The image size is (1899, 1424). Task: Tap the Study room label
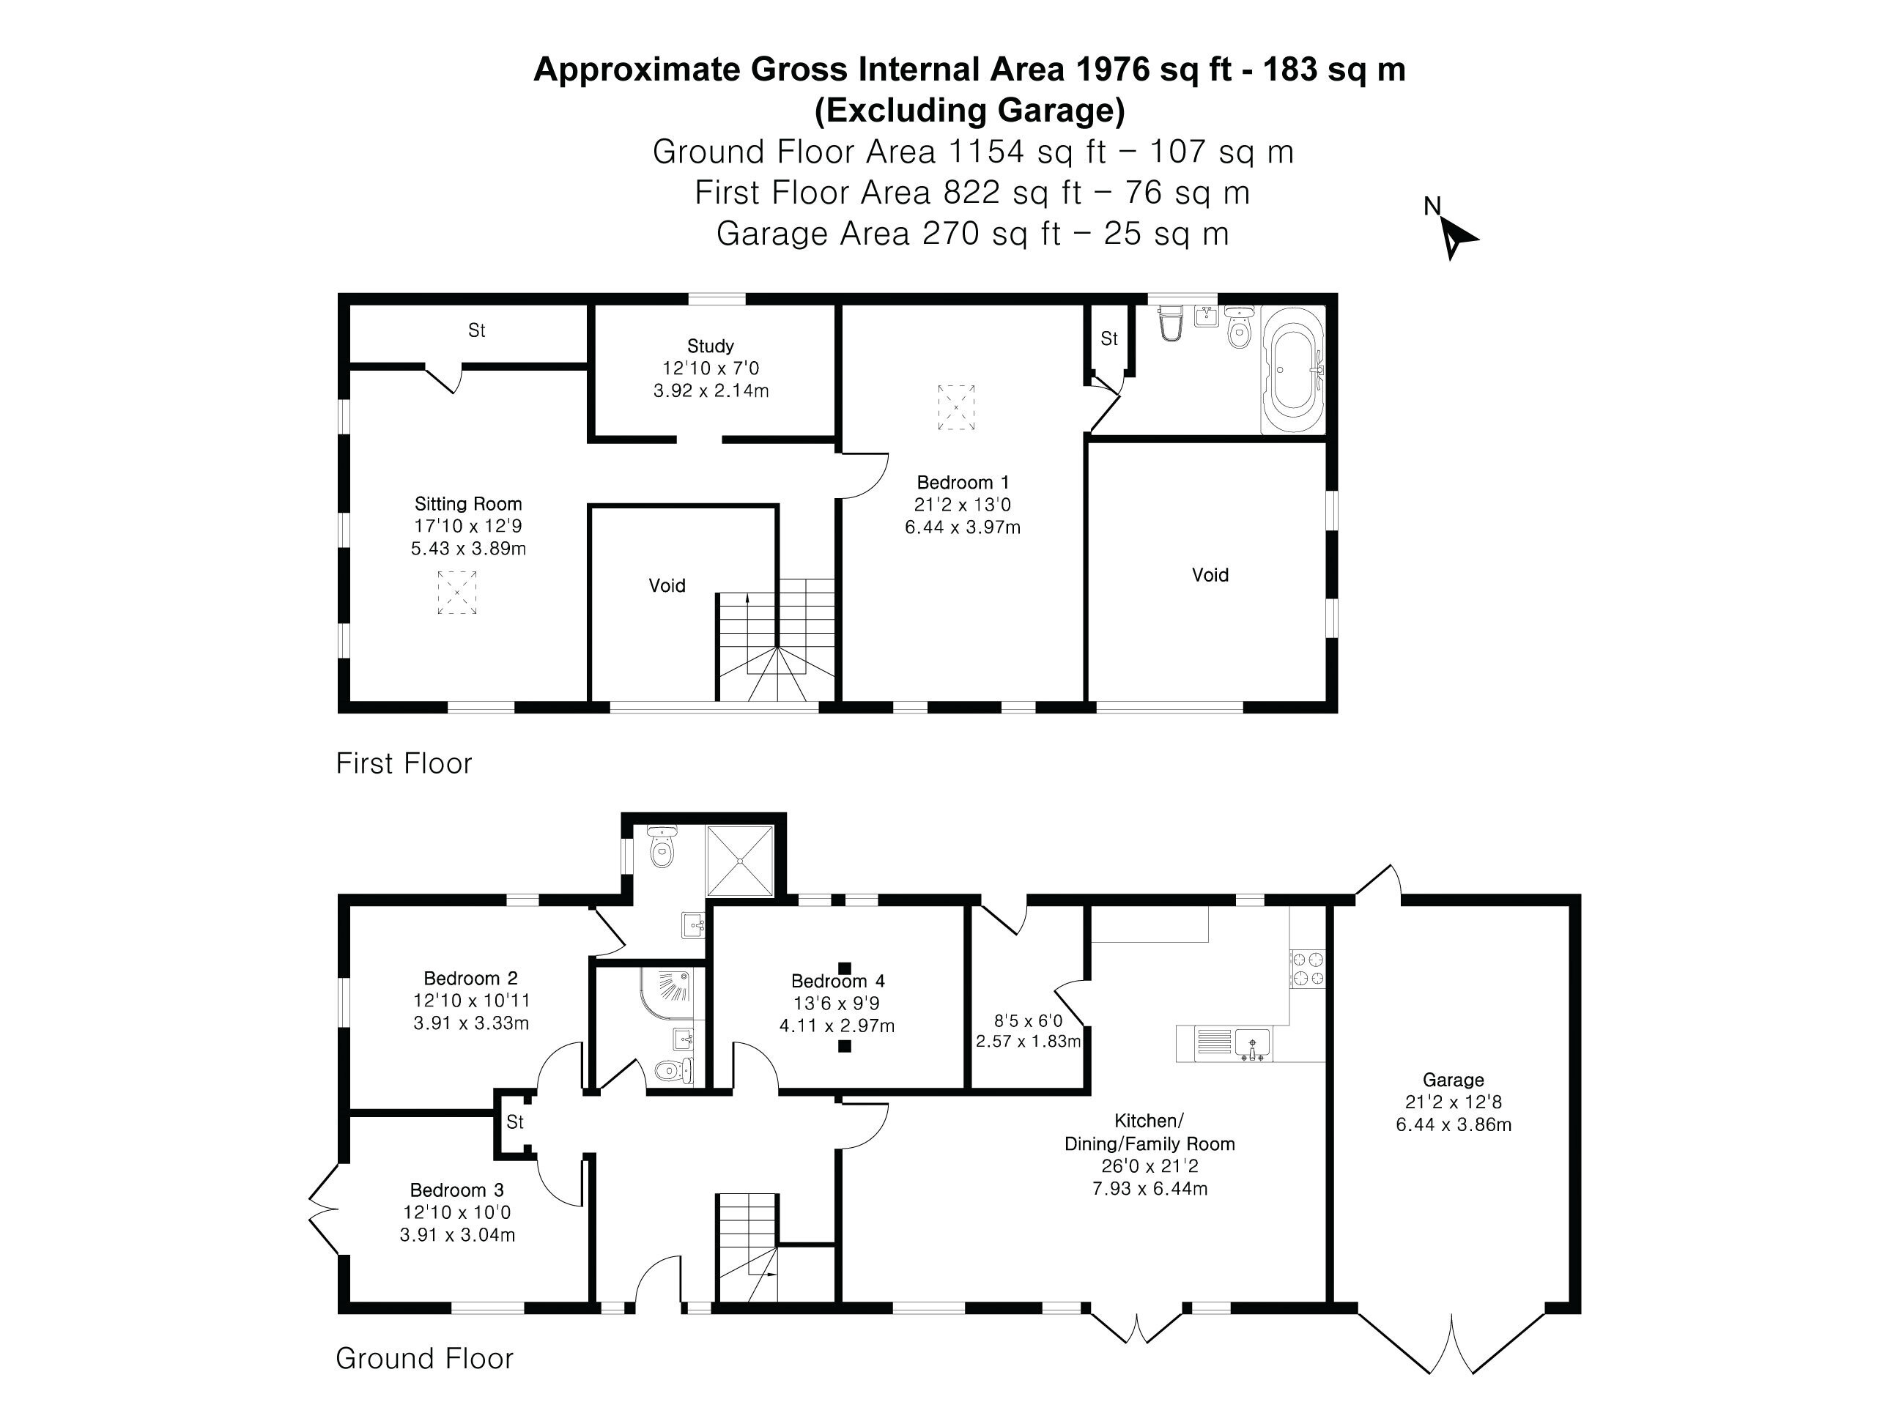710,346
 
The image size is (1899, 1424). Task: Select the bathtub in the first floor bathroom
1293,371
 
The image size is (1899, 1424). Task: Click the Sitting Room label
468,504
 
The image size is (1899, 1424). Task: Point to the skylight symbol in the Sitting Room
456,593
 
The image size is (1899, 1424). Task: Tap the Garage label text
1453,1080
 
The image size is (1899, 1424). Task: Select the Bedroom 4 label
837,980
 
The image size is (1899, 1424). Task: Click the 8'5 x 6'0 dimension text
1028,1020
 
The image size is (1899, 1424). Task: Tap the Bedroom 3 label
456,1190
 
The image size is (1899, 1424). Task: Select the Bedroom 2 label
470,978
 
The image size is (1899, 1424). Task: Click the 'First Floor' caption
404,763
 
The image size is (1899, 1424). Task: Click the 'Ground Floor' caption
424,1358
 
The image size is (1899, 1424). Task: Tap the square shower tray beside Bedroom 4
740,861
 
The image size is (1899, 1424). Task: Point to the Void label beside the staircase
667,585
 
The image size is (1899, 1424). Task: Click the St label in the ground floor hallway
515,1122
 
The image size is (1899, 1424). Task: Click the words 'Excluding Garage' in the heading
970,110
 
